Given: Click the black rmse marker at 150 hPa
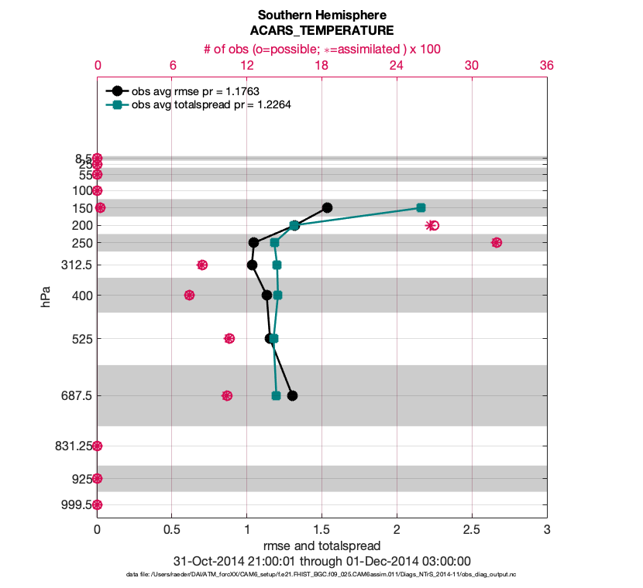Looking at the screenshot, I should pos(328,207).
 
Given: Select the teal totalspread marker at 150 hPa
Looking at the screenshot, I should pos(421,207).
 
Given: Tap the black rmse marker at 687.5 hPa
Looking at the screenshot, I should pos(292,395).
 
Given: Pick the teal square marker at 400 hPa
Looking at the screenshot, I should pos(277,295).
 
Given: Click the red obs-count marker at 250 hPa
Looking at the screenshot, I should pos(497,243).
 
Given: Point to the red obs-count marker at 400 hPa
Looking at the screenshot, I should pos(189,295).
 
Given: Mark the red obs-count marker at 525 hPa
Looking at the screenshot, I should pos(229,338).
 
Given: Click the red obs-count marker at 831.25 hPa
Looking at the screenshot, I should pos(98,446).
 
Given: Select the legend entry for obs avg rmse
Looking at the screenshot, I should pos(196,91).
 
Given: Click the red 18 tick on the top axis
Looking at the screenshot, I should pos(321,67).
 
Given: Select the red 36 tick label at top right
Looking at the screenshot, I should pos(546,67).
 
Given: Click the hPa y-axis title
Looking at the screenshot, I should pos(46,296).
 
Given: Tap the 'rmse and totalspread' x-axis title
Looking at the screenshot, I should pos(321,547).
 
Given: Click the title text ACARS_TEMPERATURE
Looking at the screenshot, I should pos(321,31).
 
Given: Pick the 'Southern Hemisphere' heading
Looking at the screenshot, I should pos(321,15).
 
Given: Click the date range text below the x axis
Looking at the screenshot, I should pos(321,561).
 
